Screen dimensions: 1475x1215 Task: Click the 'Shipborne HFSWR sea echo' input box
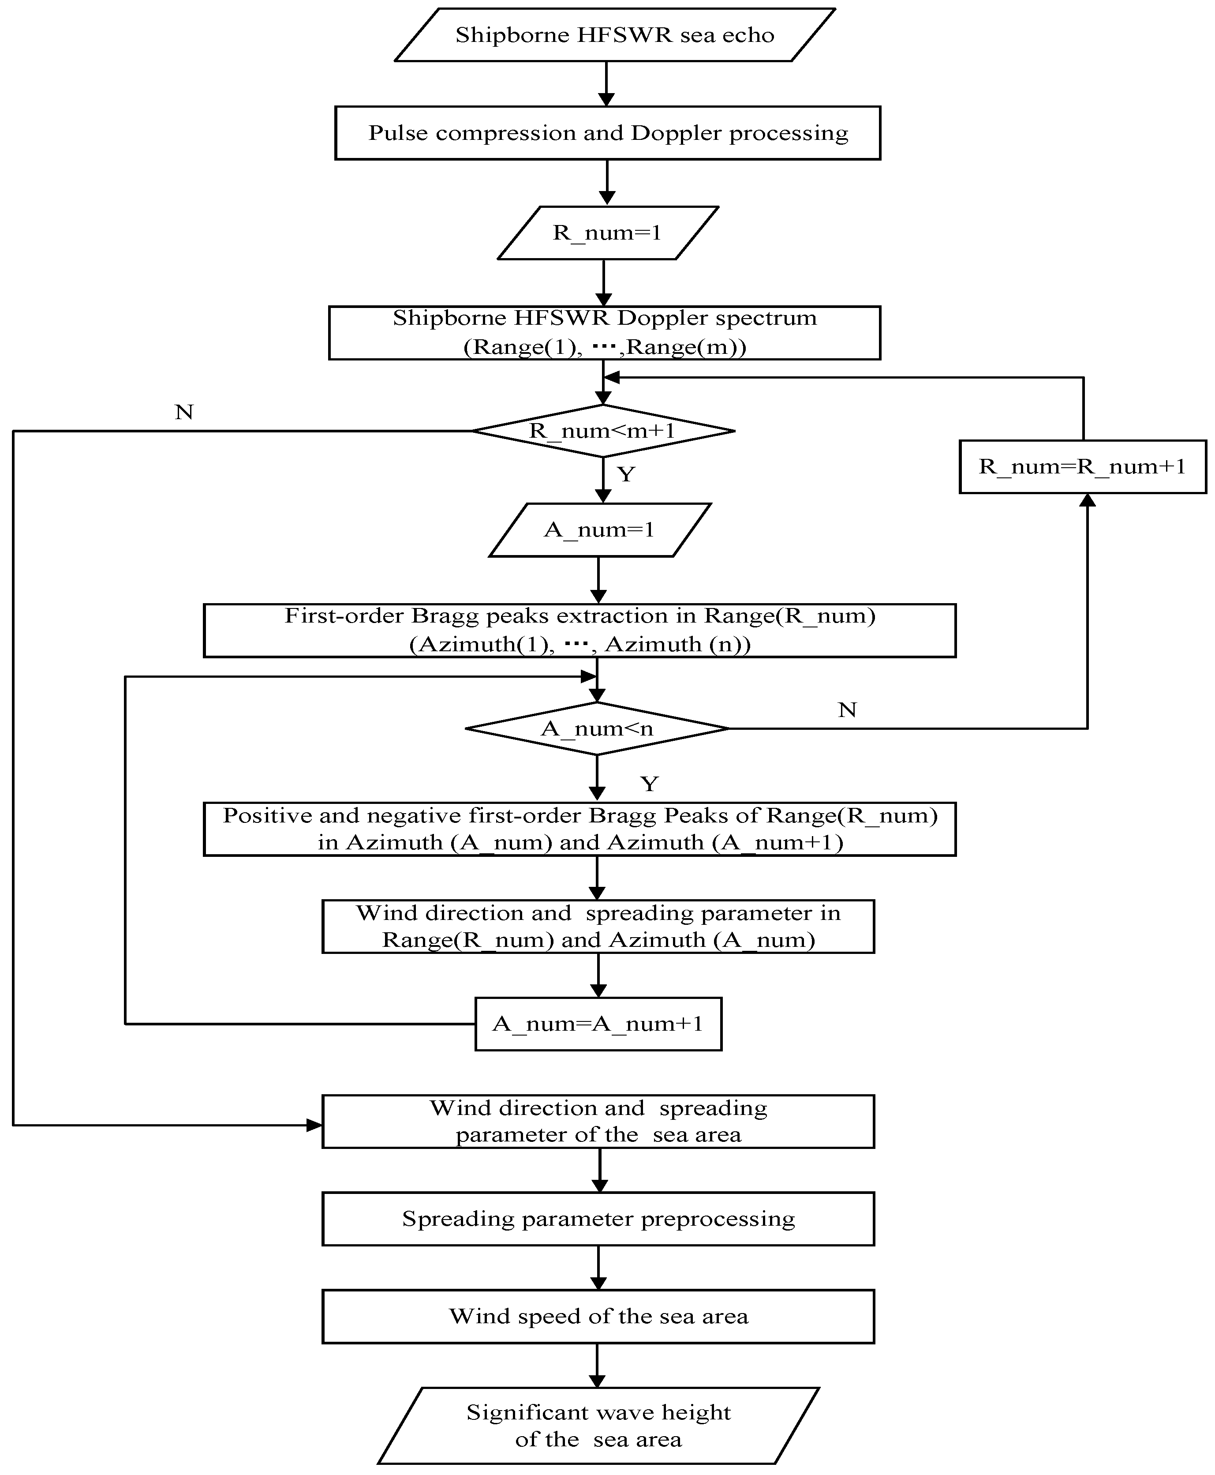[614, 35]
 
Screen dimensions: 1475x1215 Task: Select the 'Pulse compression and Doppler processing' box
[608, 133]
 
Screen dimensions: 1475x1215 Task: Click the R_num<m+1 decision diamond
[602, 431]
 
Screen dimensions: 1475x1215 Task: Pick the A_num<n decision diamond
[597, 729]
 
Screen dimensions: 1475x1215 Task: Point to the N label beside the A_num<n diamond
[847, 710]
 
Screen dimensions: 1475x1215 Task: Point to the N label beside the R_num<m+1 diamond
[184, 412]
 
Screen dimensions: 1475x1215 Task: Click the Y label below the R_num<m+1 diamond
[626, 475]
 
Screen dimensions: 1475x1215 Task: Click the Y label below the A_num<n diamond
[650, 783]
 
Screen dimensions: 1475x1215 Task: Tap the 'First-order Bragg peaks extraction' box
[579, 630]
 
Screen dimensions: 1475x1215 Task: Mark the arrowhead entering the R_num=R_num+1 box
[1087, 500]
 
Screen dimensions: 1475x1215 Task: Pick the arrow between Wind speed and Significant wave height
[597, 1365]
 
